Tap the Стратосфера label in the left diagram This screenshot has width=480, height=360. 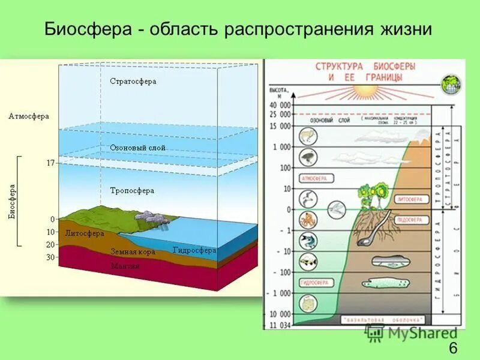[x=133, y=81]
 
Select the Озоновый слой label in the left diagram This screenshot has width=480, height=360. [x=137, y=147]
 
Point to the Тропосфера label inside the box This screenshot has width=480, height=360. [x=132, y=190]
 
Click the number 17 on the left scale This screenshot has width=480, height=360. [x=50, y=163]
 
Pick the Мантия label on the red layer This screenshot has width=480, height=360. [x=125, y=265]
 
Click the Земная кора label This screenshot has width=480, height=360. [x=133, y=252]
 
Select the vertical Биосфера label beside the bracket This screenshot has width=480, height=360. [x=13, y=200]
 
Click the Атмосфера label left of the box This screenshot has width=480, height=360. [x=29, y=116]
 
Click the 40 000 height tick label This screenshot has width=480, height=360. [x=280, y=105]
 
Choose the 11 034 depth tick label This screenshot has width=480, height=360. [x=280, y=325]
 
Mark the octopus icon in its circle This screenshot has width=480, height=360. [x=308, y=219]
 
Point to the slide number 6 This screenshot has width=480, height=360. [x=452, y=347]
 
